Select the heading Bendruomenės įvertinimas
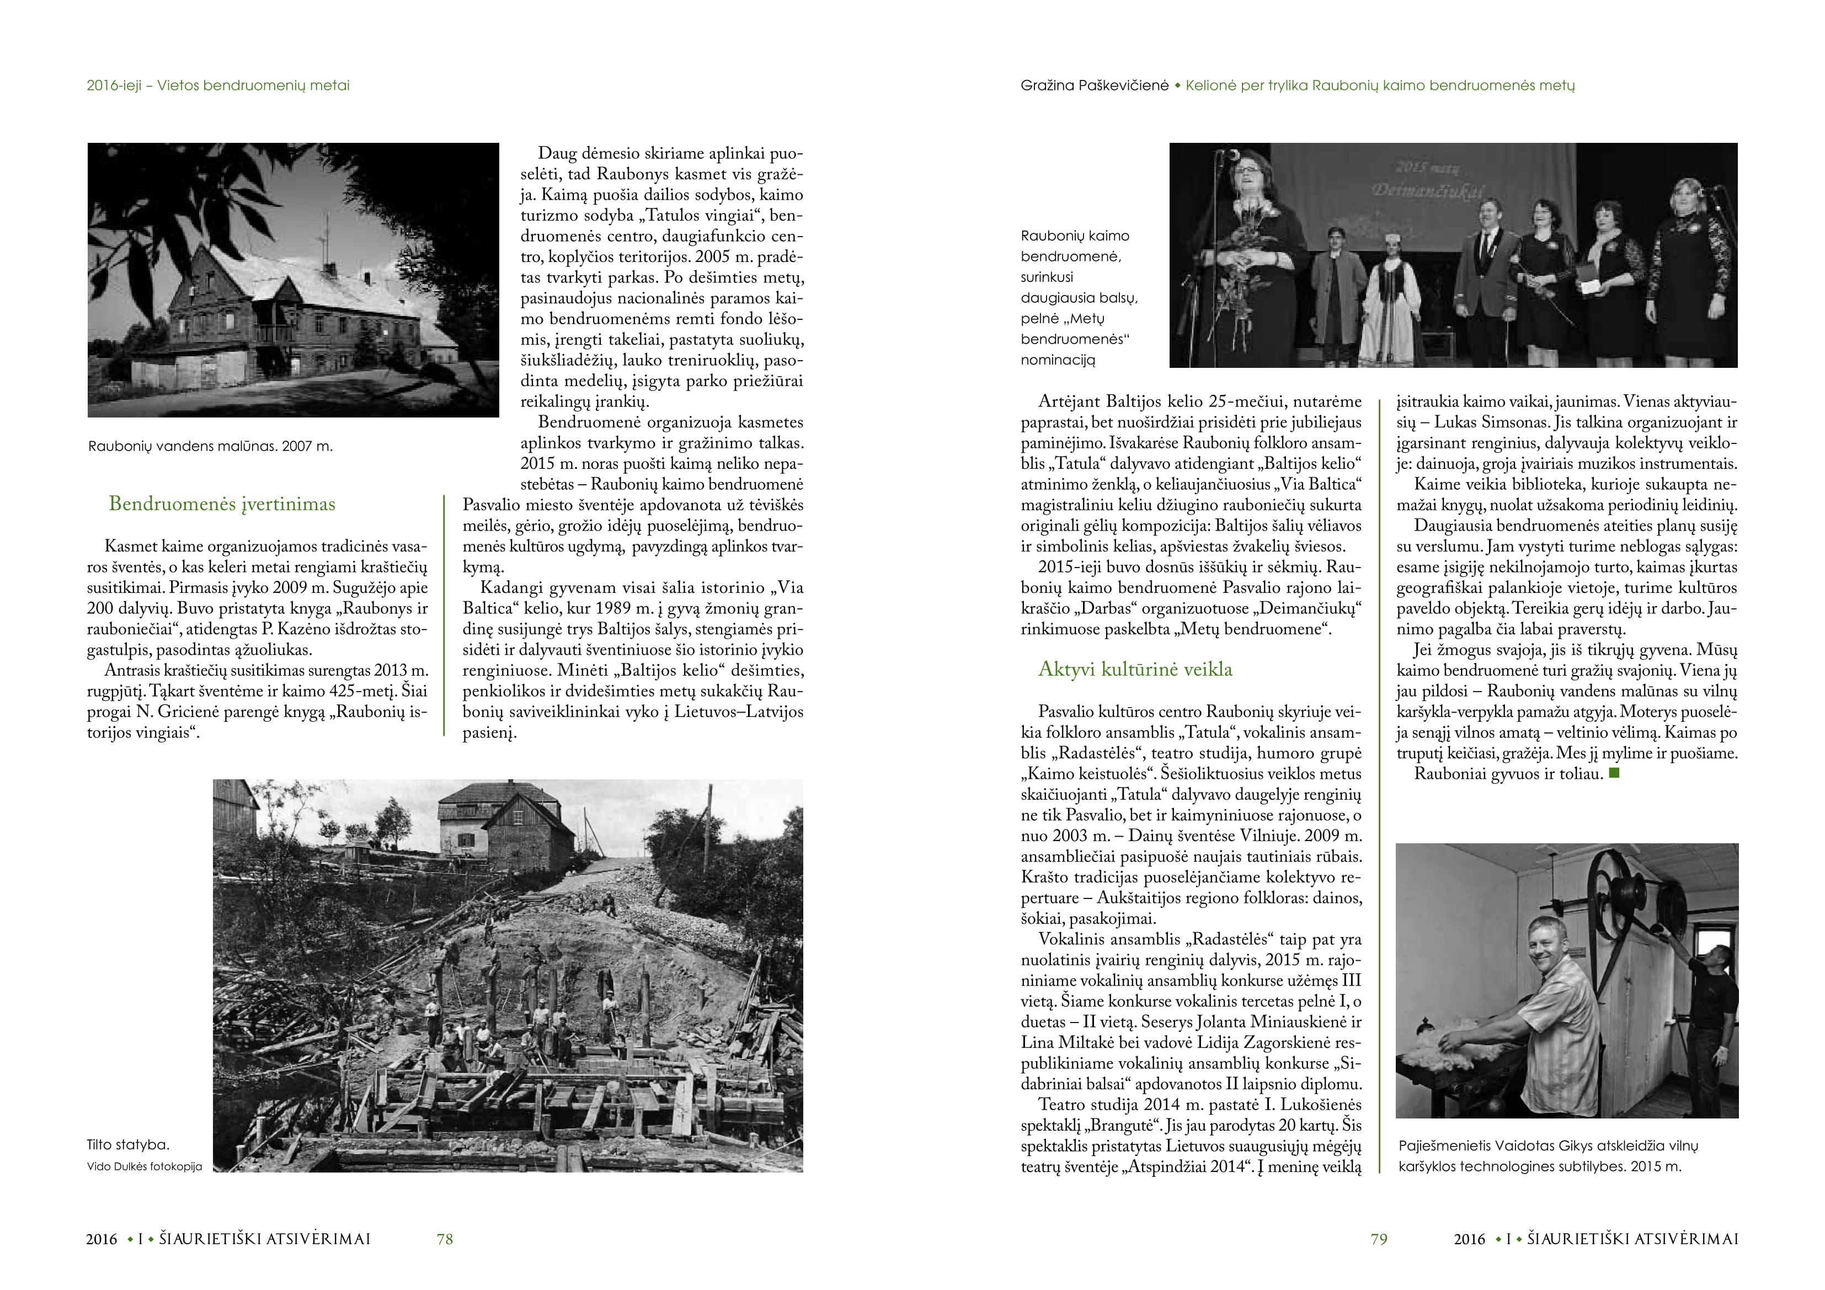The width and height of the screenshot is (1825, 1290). [222, 504]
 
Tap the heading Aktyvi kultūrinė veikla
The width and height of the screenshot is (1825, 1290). [1135, 669]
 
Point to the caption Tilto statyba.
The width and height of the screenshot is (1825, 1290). [128, 1144]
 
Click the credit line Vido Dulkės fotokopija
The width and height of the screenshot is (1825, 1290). [145, 1167]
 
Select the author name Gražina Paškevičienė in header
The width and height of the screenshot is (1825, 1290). [1095, 85]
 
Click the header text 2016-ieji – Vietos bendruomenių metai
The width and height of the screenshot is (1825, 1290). [218, 85]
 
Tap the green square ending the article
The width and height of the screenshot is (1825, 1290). [1614, 773]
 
